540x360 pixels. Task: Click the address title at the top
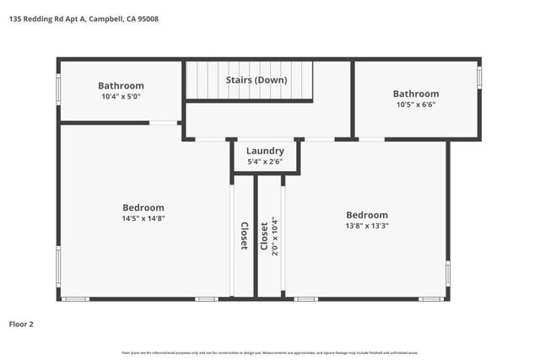click(x=86, y=19)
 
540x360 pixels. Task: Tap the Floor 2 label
click(x=22, y=324)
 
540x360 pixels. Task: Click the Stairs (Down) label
click(x=256, y=80)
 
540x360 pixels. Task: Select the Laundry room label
click(x=265, y=151)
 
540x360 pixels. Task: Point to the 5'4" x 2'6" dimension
click(x=265, y=161)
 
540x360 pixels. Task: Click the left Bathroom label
click(x=121, y=85)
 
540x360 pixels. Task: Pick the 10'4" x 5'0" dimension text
click(x=121, y=96)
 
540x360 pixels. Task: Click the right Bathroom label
click(x=416, y=94)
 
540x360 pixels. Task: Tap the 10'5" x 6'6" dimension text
click(x=416, y=105)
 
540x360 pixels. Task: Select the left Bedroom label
click(x=143, y=207)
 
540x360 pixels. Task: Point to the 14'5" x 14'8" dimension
click(x=143, y=218)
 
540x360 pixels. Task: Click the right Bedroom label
click(x=367, y=215)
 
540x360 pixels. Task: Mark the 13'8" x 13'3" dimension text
click(x=367, y=226)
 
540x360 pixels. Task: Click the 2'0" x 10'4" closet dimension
click(x=275, y=236)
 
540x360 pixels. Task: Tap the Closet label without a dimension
click(x=244, y=236)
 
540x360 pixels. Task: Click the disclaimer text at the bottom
click(x=270, y=352)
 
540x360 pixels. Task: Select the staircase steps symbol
click(x=205, y=80)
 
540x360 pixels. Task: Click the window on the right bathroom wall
click(x=478, y=78)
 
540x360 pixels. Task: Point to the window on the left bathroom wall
click(x=58, y=89)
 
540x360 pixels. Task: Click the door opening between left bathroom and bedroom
click(x=165, y=123)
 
